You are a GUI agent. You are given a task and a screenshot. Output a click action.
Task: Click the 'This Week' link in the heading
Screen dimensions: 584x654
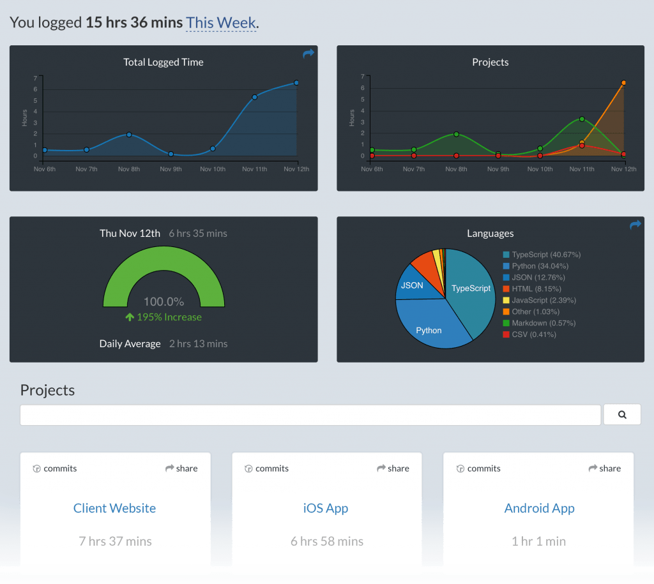pos(221,23)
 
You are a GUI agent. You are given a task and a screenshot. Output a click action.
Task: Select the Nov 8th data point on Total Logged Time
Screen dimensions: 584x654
pos(129,135)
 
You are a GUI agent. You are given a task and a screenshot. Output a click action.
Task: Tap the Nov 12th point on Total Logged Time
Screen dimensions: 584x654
pos(296,82)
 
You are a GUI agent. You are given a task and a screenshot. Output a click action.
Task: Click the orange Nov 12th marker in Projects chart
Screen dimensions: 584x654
pos(623,82)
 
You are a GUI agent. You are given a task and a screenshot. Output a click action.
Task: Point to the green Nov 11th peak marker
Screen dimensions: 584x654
pos(582,119)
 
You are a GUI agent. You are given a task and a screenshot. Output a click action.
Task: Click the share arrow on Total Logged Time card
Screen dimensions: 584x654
pos(308,54)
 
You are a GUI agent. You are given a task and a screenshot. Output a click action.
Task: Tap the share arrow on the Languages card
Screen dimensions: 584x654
pos(635,225)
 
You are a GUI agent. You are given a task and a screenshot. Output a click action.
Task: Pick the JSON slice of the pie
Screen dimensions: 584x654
pos(412,285)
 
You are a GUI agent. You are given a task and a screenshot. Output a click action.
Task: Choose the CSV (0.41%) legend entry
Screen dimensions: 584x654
pos(529,334)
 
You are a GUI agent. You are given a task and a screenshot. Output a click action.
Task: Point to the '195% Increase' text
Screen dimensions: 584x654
pos(163,317)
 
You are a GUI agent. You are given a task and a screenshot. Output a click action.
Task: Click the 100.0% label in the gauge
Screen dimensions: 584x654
pos(163,301)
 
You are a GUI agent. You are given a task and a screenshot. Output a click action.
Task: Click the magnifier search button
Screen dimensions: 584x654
pos(622,415)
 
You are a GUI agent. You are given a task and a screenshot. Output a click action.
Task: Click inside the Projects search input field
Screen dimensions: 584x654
pos(311,415)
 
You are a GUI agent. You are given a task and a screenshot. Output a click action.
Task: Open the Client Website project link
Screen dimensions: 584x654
pos(115,508)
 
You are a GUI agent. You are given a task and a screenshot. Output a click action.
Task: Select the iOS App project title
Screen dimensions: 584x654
pos(326,508)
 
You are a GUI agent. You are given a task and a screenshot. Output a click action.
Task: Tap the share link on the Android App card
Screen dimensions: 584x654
pos(604,468)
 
